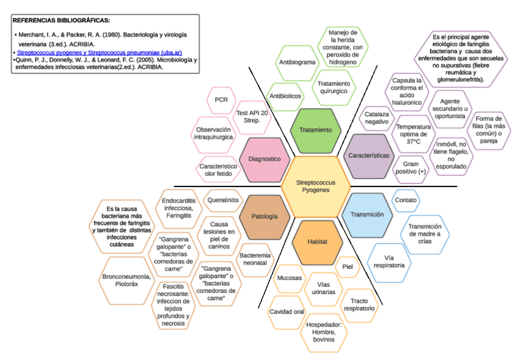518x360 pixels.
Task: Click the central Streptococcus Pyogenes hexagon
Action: pyautogui.click(x=316, y=186)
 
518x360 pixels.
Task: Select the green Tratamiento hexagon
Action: pyautogui.click(x=316, y=130)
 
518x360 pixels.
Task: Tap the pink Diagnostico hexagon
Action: pyautogui.click(x=264, y=159)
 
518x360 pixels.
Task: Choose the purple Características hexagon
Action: pyautogui.click(x=369, y=155)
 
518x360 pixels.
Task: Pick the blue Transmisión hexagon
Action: pyautogui.click(x=367, y=215)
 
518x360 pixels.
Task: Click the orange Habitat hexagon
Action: pyautogui.click(x=316, y=242)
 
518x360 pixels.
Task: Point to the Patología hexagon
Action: pyautogui.click(x=264, y=216)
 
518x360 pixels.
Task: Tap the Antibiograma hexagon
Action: pyautogui.click(x=297, y=62)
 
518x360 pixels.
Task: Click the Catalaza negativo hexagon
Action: pyautogui.click(x=376, y=117)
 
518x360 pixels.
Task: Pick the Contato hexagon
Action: pyautogui.click(x=406, y=200)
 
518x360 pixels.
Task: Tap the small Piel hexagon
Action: pyautogui.click(x=348, y=266)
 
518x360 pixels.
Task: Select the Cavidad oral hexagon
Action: pyautogui.click(x=286, y=312)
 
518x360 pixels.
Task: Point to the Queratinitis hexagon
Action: pyautogui.click(x=223, y=200)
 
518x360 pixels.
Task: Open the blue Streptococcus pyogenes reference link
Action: pyautogui.click(x=99, y=53)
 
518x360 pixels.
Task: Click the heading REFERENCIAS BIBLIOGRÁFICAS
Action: pyautogui.click(x=61, y=20)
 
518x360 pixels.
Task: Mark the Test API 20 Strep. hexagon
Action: pyautogui.click(x=252, y=117)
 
